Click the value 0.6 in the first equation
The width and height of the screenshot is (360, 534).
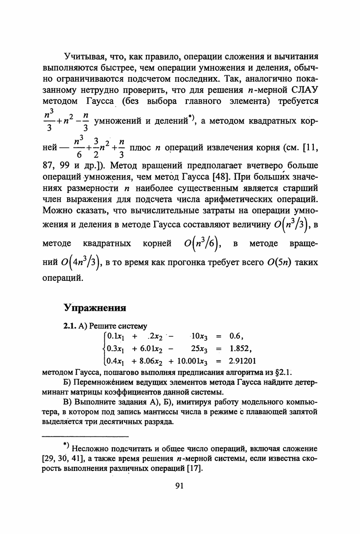tap(237, 336)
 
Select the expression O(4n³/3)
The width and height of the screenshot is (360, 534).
tap(79, 263)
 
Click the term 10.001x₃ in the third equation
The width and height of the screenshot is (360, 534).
tap(192, 361)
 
